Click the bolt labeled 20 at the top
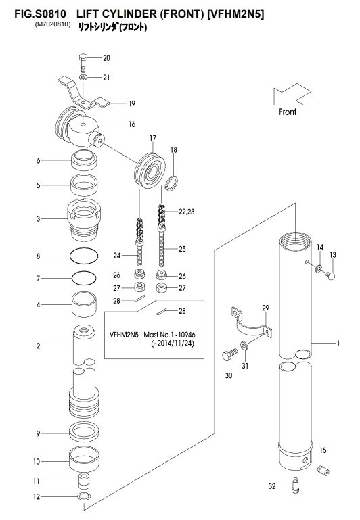pos(83,63)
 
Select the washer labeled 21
pos(83,78)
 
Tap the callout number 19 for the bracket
pos(132,104)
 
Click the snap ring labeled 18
pos(172,183)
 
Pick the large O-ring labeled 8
pos(84,256)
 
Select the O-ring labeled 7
pos(85,278)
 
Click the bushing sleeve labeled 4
pos(85,305)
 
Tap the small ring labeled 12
pos(85,496)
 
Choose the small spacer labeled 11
pos(85,481)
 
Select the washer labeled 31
pos(244,346)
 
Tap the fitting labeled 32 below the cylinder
pos(294,485)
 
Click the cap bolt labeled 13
pos(330,275)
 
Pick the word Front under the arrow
pos(288,112)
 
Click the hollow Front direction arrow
pos(292,95)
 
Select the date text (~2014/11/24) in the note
pos(173,344)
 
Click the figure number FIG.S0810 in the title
pos(40,14)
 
